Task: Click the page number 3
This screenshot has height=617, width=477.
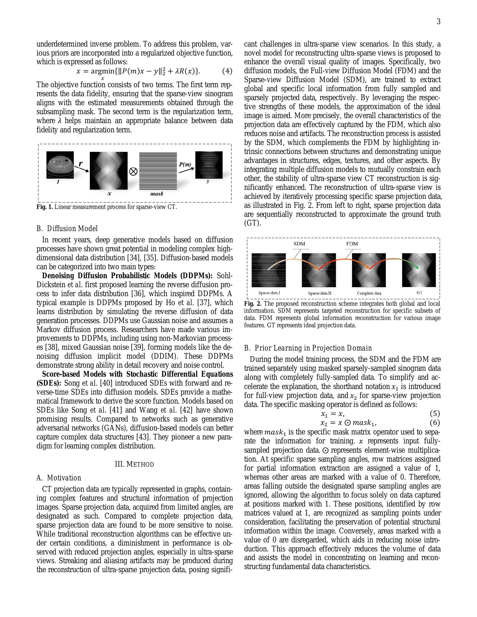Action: pyautogui.click(x=438, y=22)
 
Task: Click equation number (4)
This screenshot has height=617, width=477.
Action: pyautogui.click(x=227, y=71)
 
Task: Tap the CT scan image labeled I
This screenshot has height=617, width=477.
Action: pyautogui.click(x=60, y=165)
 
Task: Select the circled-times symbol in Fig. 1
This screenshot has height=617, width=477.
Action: pyautogui.click(x=133, y=171)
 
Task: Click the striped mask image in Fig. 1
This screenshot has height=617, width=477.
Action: pyautogui.click(x=157, y=171)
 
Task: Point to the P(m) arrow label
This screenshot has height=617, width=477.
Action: pyautogui.click(x=185, y=164)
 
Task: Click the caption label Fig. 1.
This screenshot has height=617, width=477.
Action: pyautogui.click(x=45, y=207)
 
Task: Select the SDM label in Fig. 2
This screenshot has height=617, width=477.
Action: pyautogui.click(x=299, y=244)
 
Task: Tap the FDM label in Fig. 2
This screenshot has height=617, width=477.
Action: pyautogui.click(x=352, y=244)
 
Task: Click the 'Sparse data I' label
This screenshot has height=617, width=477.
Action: pyautogui.click(x=269, y=293)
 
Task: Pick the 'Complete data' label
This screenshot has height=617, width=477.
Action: pyautogui.click(x=369, y=293)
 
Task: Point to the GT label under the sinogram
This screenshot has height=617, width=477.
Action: pyautogui.click(x=419, y=293)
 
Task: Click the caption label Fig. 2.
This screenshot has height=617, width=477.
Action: pyautogui.click(x=253, y=304)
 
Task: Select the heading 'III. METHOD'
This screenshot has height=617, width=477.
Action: pyautogui.click(x=134, y=464)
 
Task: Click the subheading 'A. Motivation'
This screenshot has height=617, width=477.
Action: pyautogui.click(x=59, y=478)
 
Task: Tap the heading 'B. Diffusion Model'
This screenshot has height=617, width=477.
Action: pyautogui.click(x=67, y=229)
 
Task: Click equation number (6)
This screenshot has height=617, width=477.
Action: pyautogui.click(x=435, y=423)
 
